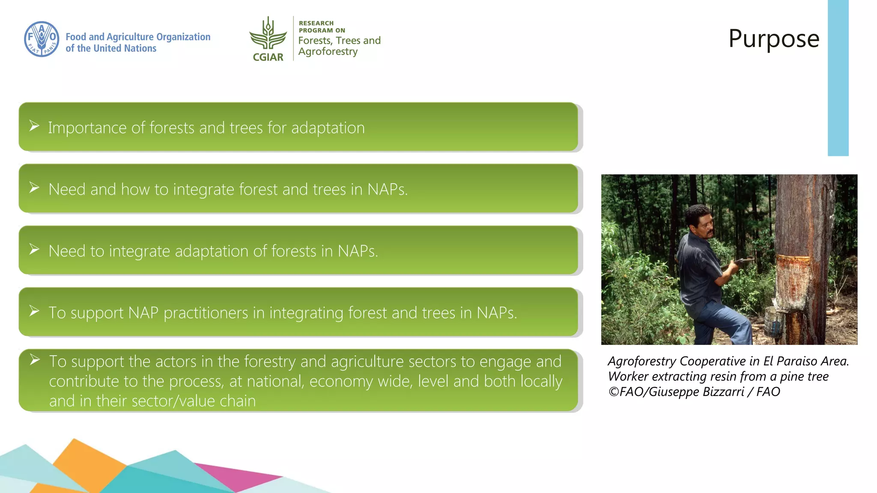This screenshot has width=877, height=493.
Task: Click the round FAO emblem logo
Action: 42,39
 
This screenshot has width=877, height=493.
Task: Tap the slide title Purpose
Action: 774,39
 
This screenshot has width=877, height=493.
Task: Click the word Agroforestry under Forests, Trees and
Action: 328,52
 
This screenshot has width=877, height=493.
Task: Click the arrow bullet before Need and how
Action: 34,187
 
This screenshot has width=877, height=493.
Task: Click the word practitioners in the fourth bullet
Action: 206,313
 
